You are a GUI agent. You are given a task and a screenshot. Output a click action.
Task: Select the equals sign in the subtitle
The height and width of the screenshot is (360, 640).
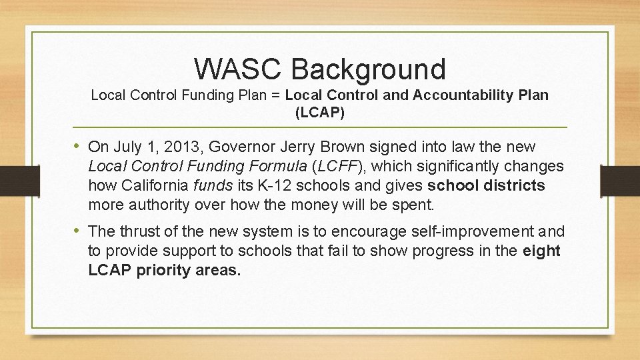[x=275, y=95]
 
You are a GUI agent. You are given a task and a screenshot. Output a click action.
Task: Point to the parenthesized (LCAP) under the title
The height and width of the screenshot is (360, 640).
[x=320, y=113]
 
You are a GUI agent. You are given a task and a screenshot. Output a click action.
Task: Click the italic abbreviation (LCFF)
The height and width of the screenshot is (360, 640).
[x=335, y=165]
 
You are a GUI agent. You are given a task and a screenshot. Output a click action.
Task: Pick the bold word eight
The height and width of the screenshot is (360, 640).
[x=543, y=251]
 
